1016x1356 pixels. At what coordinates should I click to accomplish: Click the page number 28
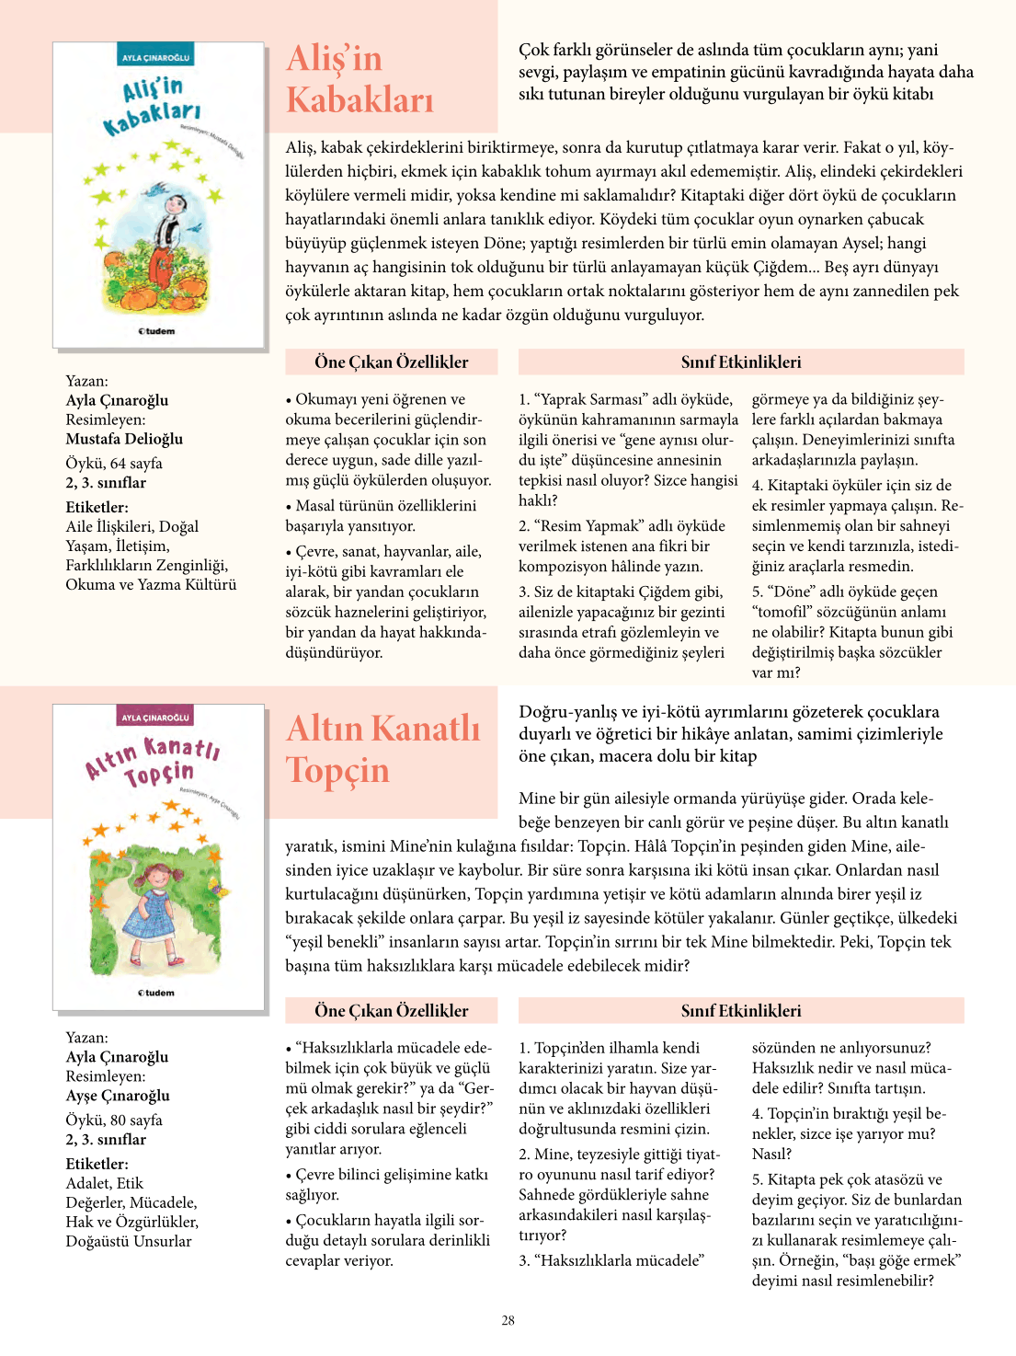(508, 1320)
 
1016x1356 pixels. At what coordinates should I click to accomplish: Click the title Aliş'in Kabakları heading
(360, 79)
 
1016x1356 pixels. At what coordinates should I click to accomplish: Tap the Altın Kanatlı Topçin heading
(382, 749)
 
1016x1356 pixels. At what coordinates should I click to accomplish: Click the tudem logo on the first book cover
(157, 331)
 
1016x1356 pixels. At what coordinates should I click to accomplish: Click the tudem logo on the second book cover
(157, 993)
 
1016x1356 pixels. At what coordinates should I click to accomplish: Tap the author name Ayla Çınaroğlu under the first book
(117, 400)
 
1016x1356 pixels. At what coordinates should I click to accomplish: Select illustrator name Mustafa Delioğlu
(124, 439)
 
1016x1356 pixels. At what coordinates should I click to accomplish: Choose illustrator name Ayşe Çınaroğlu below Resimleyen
(118, 1096)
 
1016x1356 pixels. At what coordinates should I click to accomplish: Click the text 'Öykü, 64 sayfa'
(114, 463)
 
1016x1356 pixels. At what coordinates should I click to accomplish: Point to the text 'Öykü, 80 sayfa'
(114, 1120)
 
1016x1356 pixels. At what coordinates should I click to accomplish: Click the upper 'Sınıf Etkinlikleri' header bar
(741, 362)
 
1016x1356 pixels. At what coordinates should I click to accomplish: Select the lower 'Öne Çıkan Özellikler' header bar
(392, 1010)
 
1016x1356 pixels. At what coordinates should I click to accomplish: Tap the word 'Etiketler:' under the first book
(97, 507)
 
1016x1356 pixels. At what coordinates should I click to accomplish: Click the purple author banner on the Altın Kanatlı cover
(155, 718)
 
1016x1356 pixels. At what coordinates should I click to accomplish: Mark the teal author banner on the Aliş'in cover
(155, 58)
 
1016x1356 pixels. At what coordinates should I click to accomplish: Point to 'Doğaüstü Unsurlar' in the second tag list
(129, 1241)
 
